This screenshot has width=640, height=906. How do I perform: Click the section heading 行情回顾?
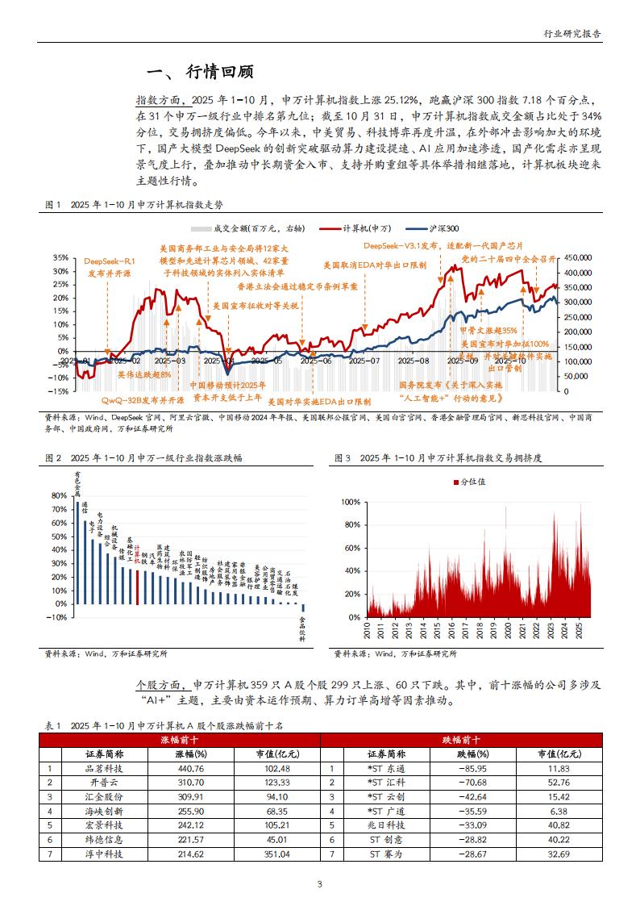coord(220,72)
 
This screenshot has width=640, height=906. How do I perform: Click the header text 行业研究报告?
coord(572,34)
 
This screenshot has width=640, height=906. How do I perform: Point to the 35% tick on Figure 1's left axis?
coord(60,258)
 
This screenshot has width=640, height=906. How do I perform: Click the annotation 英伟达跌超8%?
coord(144,375)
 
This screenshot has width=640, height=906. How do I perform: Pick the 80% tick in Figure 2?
coord(58,496)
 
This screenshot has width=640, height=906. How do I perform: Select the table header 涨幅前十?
coord(180,739)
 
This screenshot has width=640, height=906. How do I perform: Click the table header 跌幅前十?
coord(460,739)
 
